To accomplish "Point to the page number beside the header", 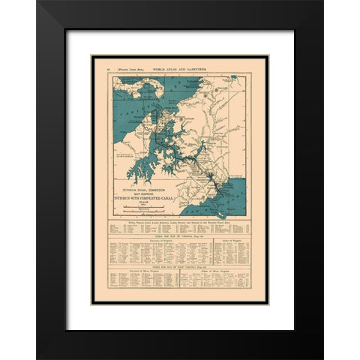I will [110, 68].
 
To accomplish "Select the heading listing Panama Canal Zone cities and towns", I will [180, 223].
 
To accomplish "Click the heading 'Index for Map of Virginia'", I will [180, 237].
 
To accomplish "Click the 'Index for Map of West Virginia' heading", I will [180, 267].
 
